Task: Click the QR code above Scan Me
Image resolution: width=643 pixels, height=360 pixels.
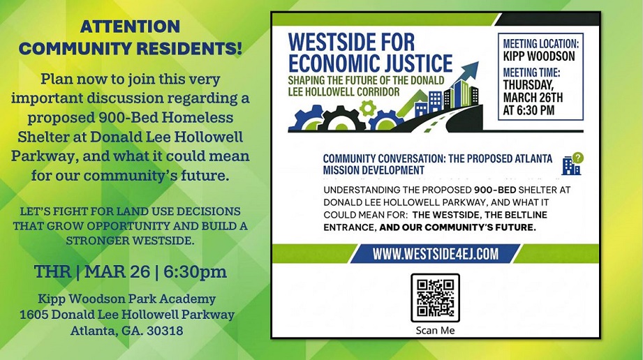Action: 435,297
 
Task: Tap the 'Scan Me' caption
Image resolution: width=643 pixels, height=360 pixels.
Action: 435,330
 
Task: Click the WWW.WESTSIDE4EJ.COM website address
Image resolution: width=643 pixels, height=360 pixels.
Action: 435,254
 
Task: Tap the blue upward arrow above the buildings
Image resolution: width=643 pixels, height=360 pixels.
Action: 469,71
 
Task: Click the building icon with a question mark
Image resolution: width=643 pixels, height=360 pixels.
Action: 572,164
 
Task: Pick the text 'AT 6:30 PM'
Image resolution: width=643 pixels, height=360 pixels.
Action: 529,110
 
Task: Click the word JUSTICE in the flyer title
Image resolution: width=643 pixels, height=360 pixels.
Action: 415,63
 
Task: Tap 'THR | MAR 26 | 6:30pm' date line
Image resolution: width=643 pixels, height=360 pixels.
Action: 131,271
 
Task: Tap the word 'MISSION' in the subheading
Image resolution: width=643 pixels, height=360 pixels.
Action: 342,170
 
